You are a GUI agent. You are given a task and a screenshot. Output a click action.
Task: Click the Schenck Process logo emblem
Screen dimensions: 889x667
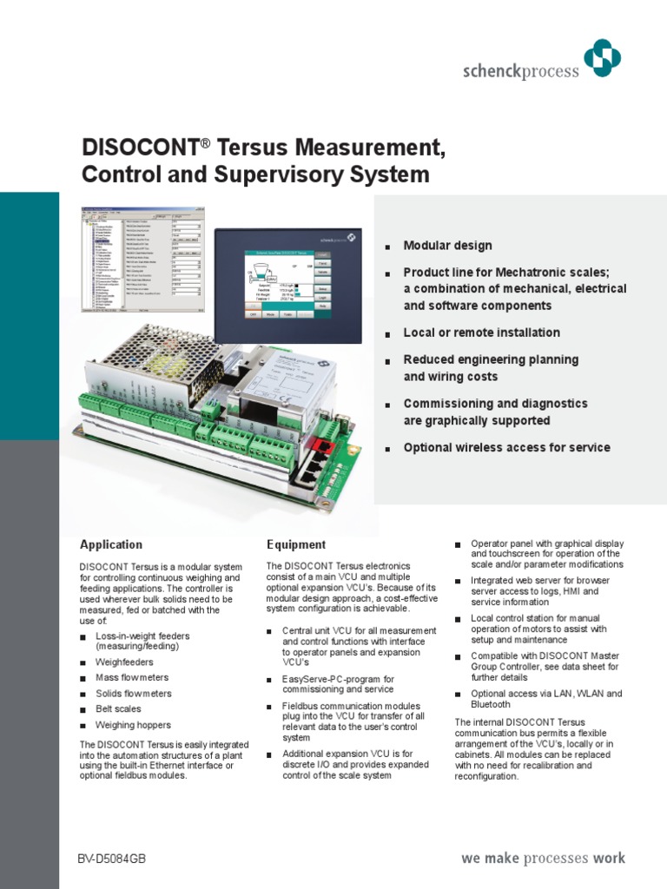click(603, 61)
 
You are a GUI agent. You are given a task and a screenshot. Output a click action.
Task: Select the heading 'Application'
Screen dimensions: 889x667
click(111, 545)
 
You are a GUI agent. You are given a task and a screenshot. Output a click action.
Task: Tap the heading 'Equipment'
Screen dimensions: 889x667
click(296, 545)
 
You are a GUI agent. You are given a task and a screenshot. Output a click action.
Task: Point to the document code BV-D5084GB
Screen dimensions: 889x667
click(112, 859)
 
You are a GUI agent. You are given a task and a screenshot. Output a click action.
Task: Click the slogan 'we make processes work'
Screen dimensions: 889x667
click(542, 859)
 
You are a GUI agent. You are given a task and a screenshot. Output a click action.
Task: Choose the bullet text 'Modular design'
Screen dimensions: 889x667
click(447, 246)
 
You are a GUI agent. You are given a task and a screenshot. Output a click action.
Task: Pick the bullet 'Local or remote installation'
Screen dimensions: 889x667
click(481, 333)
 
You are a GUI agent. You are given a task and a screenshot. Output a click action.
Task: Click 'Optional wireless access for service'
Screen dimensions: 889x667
click(506, 448)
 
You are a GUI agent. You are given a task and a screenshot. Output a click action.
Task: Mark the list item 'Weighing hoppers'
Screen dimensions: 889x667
click(133, 725)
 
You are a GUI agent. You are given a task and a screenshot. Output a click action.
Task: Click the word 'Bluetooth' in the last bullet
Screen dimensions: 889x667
click(491, 705)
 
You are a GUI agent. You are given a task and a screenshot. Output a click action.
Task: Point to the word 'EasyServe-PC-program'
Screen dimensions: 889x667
click(330, 679)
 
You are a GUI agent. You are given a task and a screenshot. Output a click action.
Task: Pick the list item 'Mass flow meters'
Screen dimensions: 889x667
click(132, 677)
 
